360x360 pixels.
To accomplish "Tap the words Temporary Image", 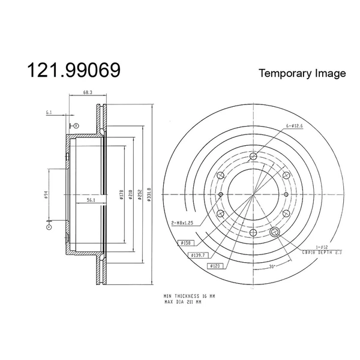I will point(302,73).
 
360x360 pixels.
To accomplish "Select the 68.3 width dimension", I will point(88,92).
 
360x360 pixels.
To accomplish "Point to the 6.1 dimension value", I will point(49,112).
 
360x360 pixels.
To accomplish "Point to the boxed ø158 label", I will point(187,243).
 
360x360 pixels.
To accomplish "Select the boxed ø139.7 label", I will point(199,255).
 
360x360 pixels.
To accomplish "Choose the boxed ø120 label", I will point(215,265).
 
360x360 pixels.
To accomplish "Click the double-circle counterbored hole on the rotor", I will point(275,232).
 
